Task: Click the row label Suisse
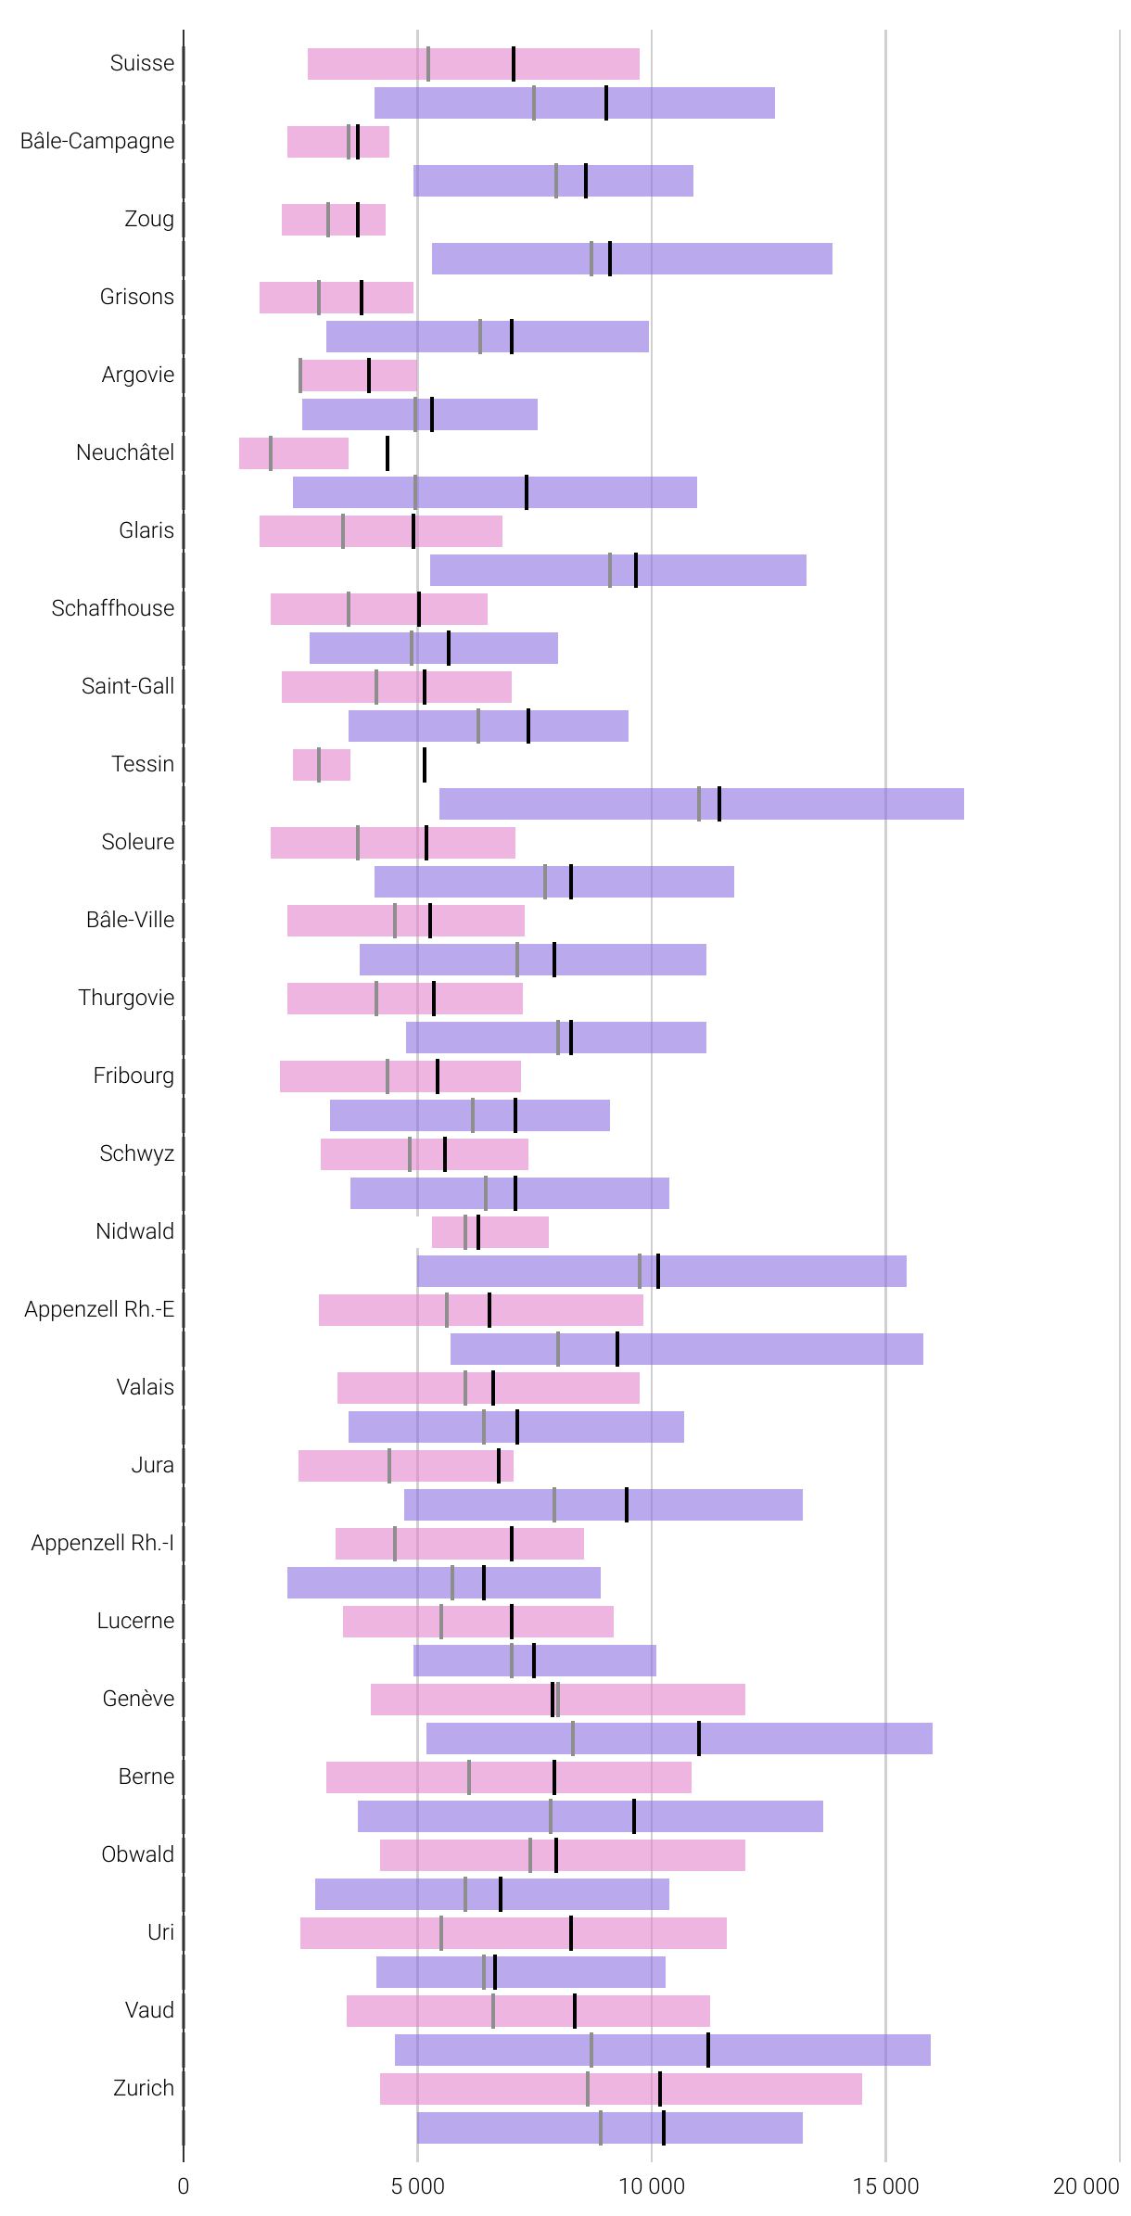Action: tap(142, 63)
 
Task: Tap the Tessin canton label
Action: tap(143, 764)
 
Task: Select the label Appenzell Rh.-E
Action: tap(99, 1309)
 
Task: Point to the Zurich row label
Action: tap(144, 2088)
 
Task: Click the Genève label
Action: tap(138, 1699)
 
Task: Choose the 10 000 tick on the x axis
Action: tap(652, 2186)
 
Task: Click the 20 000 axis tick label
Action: tap(1086, 2186)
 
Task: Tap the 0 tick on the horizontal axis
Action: tap(184, 2186)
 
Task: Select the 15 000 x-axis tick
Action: tap(885, 2186)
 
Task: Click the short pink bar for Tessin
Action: tap(322, 765)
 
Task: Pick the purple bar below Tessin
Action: tap(701, 804)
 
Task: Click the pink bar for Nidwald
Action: tap(489, 1232)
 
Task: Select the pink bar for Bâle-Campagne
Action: tap(337, 142)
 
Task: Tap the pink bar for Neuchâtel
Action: tap(293, 453)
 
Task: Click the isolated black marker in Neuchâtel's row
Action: tap(388, 453)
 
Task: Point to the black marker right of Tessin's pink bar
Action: tap(425, 765)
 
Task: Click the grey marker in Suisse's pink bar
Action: tap(428, 64)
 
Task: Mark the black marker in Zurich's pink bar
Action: tap(660, 2089)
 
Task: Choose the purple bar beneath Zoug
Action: tap(631, 259)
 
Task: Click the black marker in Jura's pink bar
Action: tap(499, 1466)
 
